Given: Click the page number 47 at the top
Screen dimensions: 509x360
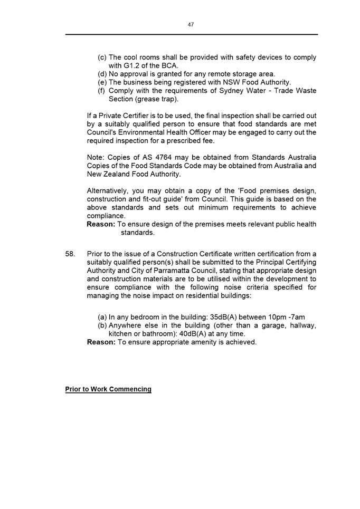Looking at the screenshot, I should click(191, 24).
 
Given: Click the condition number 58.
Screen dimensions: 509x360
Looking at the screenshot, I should click(71, 254).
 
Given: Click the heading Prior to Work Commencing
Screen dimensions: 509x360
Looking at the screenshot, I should click(108, 389).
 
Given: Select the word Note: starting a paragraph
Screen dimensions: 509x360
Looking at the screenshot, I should click(97, 157).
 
